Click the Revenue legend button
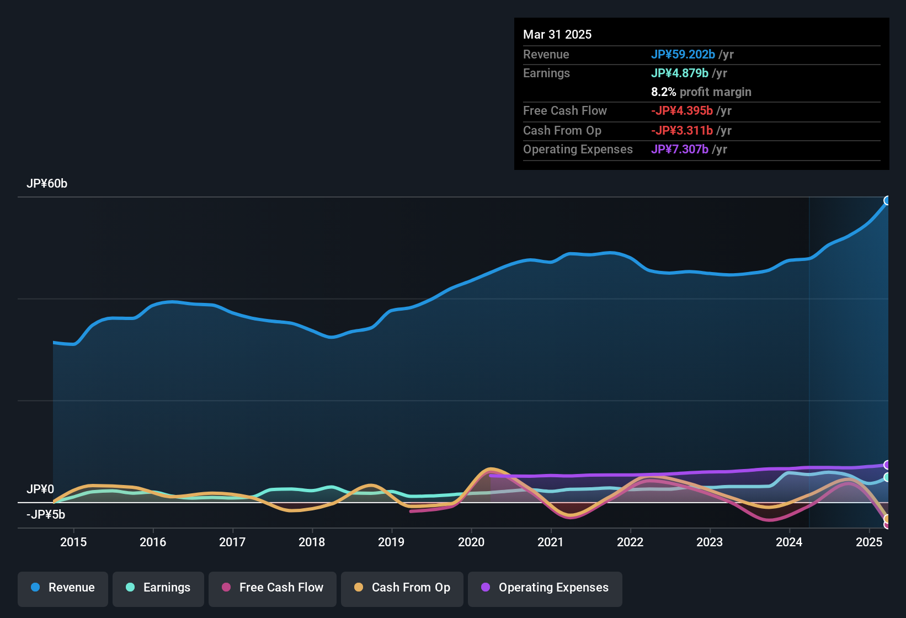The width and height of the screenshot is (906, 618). coord(63,588)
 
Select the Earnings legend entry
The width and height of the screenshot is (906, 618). coord(158,588)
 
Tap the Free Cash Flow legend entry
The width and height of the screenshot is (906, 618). coord(273,588)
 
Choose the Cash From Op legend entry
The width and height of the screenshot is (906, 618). coord(402,588)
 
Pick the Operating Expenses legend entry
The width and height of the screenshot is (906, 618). coord(545,588)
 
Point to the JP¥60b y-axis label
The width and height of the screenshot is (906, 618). coord(47,184)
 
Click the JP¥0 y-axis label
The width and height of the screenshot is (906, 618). coord(40,489)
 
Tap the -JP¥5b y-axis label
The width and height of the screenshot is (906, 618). coord(46,515)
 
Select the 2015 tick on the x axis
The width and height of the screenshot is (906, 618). coord(73,542)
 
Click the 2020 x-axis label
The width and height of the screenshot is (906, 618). coord(471,542)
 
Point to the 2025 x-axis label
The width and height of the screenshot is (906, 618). coord(869,542)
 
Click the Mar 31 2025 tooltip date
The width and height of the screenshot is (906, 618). coord(557,35)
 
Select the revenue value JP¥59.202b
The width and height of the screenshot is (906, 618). coord(683,55)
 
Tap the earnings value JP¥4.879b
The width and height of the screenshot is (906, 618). coord(680,73)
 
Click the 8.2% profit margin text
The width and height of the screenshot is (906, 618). coord(701,92)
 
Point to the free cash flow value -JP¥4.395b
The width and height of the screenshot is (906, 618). coord(682,111)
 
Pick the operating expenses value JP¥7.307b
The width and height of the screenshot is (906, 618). coord(680,150)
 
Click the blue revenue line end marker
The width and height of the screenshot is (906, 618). coord(887,200)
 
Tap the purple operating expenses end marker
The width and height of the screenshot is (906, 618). coord(887,465)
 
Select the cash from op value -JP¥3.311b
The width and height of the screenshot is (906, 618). coord(682,131)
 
